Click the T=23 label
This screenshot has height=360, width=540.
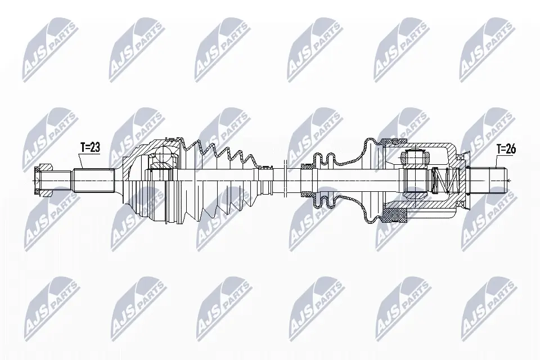pyautogui.click(x=89, y=147)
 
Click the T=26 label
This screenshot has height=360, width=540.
pyautogui.click(x=506, y=149)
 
